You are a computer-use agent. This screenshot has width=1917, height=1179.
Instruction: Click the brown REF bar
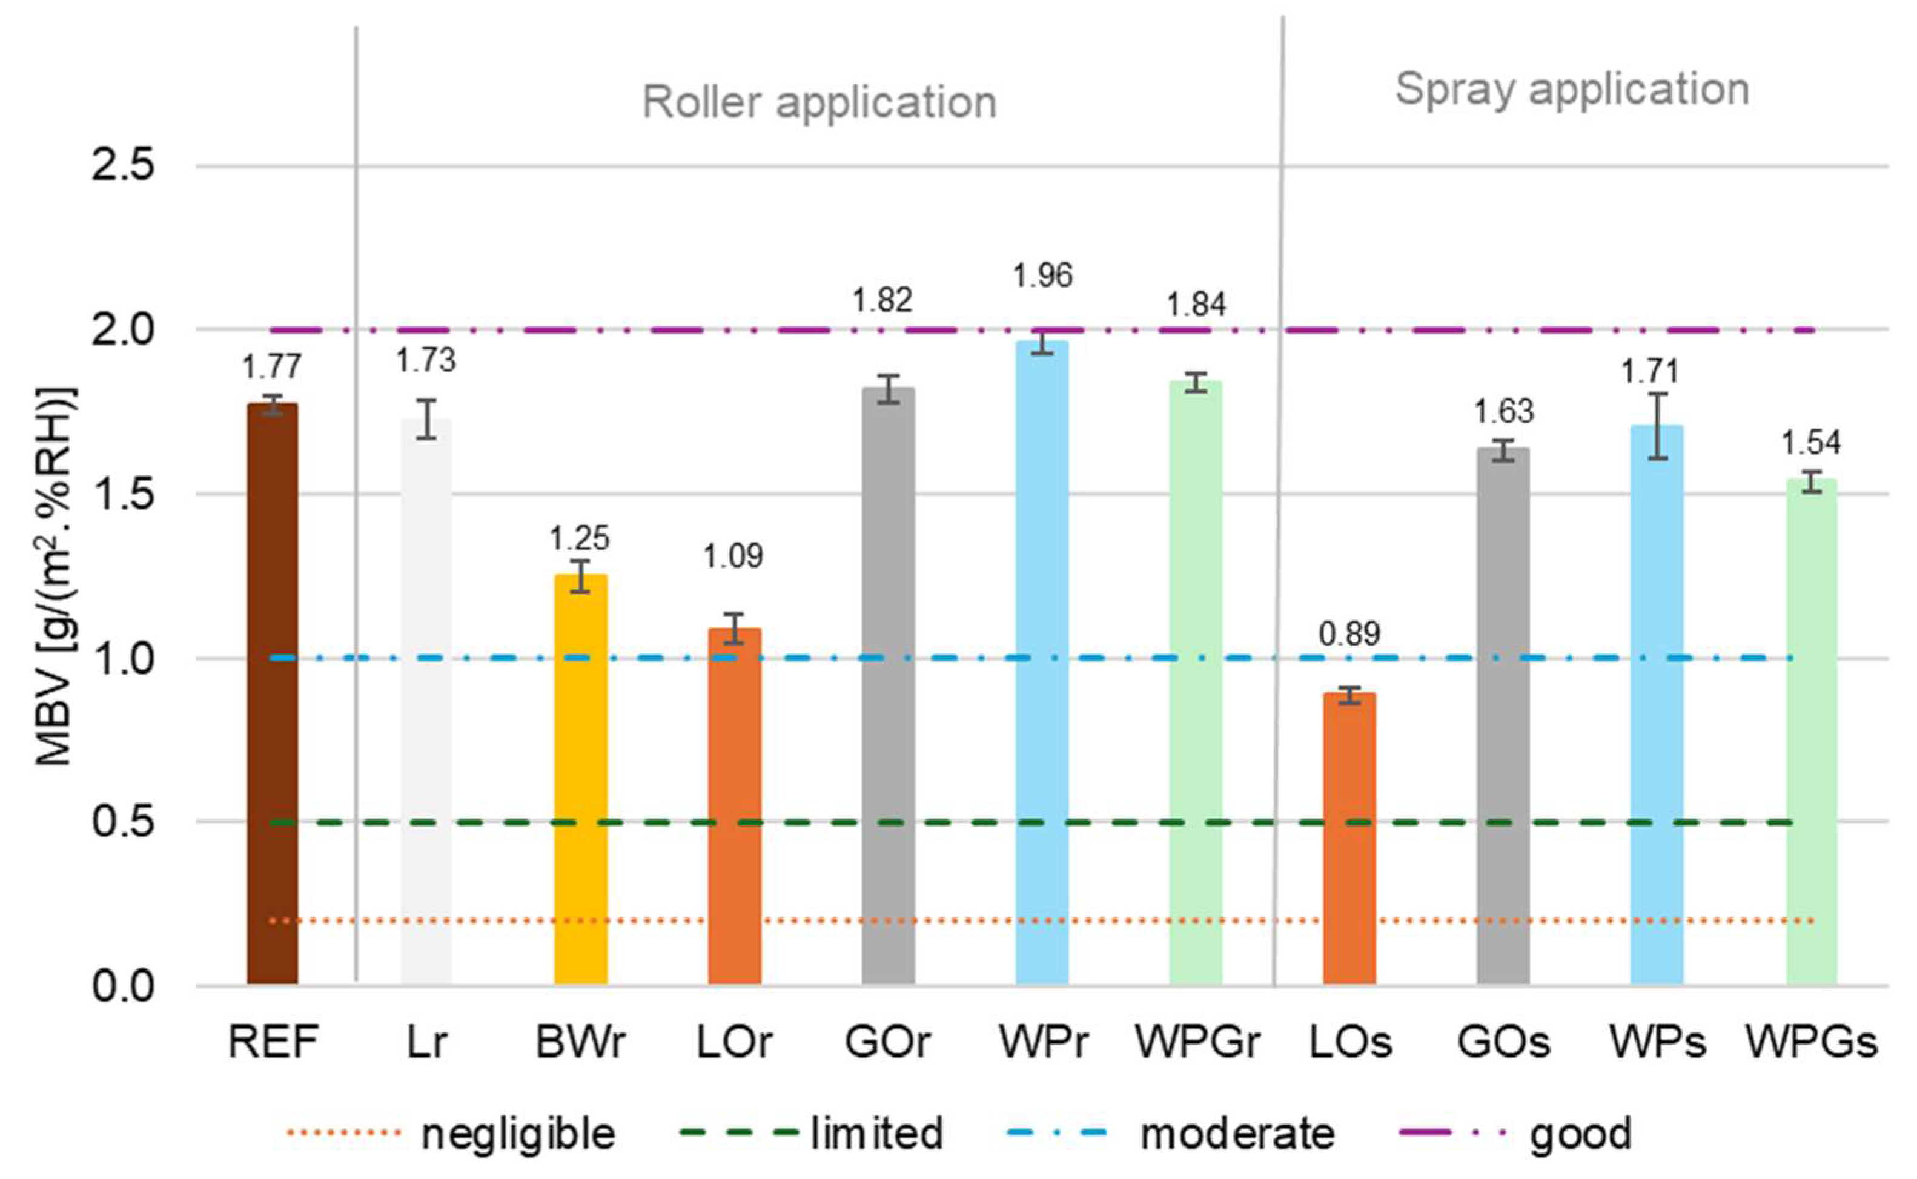[272, 694]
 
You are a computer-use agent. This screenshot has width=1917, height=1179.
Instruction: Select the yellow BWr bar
[580, 780]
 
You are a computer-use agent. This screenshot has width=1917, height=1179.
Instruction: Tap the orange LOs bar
[1349, 838]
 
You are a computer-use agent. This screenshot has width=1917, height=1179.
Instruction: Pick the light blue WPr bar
[1042, 663]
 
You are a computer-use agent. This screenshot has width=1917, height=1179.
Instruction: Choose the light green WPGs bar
[1811, 733]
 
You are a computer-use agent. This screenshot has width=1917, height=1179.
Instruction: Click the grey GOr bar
[889, 686]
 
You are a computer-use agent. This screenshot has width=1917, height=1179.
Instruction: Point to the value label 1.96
[1043, 276]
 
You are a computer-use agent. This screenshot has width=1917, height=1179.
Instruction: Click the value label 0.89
[1349, 634]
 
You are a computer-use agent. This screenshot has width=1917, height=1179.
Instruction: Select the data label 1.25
[580, 538]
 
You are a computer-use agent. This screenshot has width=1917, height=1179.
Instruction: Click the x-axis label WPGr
[1197, 1043]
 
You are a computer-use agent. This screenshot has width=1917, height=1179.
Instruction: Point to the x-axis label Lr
[426, 1043]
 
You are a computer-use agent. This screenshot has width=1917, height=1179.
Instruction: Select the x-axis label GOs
[1504, 1043]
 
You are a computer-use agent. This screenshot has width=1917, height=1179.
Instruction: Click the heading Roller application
[819, 103]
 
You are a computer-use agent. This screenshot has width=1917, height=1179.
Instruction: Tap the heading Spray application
[1572, 89]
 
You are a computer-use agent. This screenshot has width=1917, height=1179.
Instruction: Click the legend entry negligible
[518, 1134]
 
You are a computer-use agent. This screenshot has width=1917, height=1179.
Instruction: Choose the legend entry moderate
[1237, 1134]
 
